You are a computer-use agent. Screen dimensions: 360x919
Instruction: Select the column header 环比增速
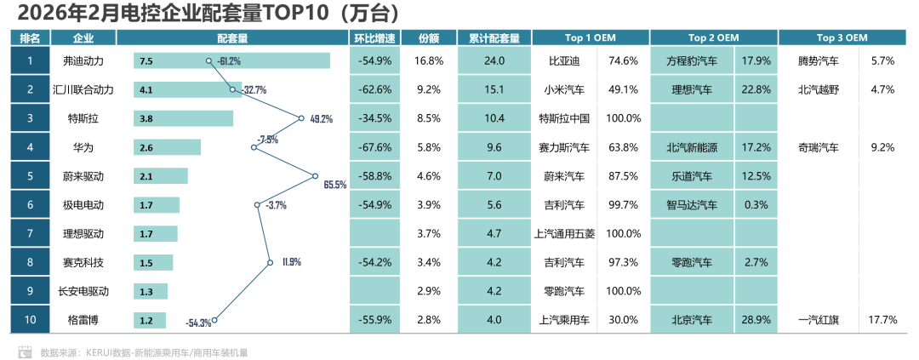[x=374, y=37]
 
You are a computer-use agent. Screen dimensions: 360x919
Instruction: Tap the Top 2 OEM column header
[x=713, y=37]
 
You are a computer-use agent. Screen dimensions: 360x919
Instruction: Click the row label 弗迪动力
[x=83, y=60]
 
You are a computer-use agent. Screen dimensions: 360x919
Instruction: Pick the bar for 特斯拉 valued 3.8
[x=183, y=118]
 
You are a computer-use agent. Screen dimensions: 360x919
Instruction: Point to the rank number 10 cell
[x=30, y=320]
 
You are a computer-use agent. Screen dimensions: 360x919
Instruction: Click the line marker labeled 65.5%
[x=315, y=176]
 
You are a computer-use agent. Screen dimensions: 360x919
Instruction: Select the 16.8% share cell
[x=428, y=60]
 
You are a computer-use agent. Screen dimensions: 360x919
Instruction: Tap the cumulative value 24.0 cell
[x=494, y=60]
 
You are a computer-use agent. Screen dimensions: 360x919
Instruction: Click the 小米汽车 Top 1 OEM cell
[x=563, y=89]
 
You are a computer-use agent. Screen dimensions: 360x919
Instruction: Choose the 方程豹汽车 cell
[x=691, y=60]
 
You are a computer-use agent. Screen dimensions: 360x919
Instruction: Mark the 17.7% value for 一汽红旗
[x=882, y=320]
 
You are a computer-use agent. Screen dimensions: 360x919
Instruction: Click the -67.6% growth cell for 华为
[x=374, y=147]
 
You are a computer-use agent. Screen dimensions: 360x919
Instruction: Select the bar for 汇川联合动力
[x=187, y=89]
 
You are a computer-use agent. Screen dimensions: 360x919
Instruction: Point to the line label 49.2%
[x=321, y=119]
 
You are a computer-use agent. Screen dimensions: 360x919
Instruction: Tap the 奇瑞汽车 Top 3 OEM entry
[x=818, y=147]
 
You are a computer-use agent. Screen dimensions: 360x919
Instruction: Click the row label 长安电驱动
[x=83, y=291]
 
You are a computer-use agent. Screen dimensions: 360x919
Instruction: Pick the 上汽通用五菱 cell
[x=563, y=233]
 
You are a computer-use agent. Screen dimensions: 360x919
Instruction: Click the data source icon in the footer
[x=26, y=351]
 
